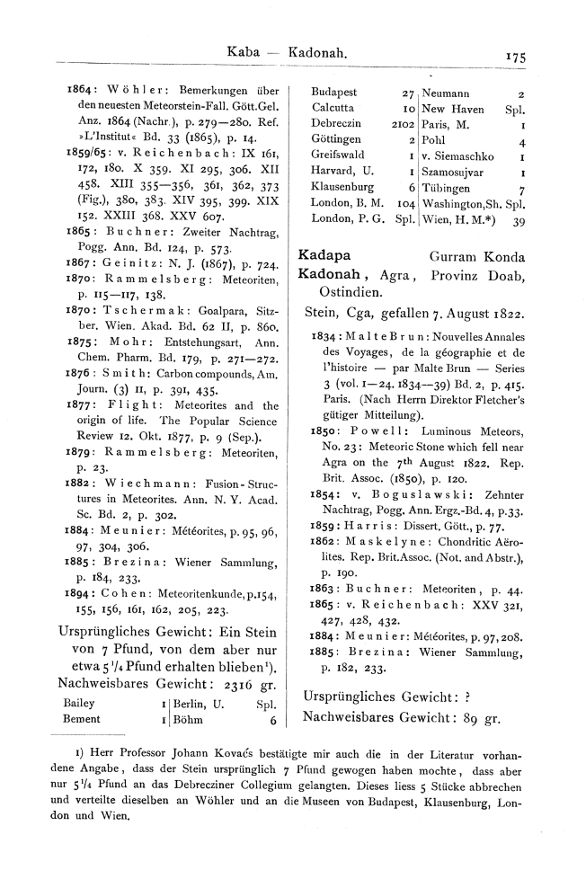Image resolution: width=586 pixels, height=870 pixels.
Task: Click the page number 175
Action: pyautogui.click(x=515, y=55)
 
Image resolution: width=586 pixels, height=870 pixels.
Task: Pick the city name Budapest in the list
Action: pyautogui.click(x=333, y=92)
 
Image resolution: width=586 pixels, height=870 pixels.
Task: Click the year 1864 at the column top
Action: pyautogui.click(x=81, y=91)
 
